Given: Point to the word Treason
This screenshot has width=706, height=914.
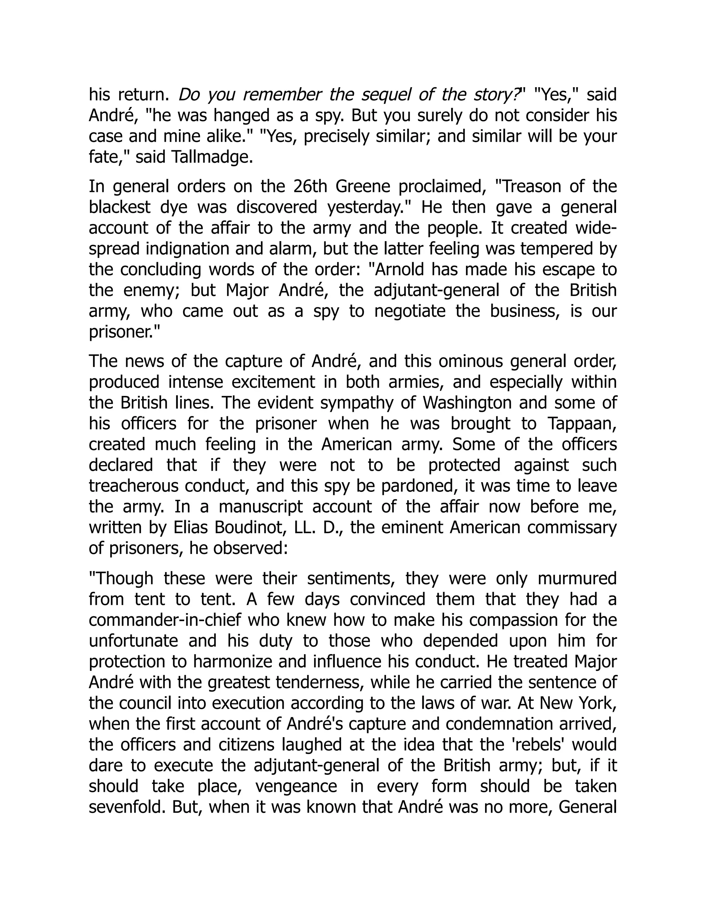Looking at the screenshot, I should tap(529, 186).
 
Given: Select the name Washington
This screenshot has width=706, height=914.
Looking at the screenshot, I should tap(467, 403).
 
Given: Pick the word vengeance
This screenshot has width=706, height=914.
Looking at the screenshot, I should tap(296, 786).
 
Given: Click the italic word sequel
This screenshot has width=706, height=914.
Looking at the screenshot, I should tap(386, 95).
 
